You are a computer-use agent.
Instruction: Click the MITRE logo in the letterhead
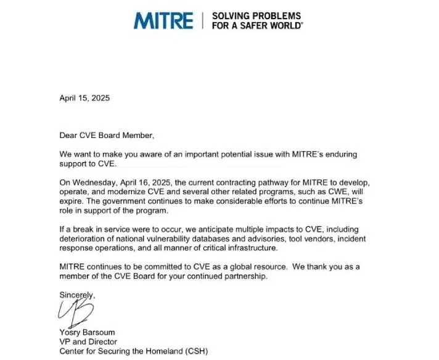163,20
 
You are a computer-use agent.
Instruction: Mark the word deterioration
84,239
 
